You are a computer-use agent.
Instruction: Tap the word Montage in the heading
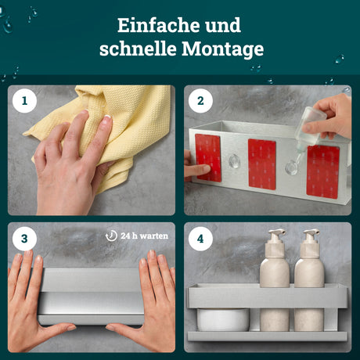(x=223, y=49)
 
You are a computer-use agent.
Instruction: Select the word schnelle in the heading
(x=138, y=49)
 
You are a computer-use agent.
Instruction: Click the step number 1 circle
(x=24, y=101)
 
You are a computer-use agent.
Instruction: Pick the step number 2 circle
(x=200, y=101)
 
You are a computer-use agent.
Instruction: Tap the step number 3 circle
(x=24, y=239)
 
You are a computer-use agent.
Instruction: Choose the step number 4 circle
(x=200, y=239)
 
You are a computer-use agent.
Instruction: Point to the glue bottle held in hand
(x=309, y=128)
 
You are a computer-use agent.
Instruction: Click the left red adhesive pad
(x=208, y=158)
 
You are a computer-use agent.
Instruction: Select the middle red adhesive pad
(x=262, y=164)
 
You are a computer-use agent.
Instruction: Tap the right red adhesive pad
(x=323, y=172)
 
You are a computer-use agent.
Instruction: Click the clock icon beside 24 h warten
(x=111, y=236)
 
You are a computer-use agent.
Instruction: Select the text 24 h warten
(x=144, y=236)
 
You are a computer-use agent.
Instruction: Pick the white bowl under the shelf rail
(x=223, y=319)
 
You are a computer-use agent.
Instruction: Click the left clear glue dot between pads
(x=234, y=161)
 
